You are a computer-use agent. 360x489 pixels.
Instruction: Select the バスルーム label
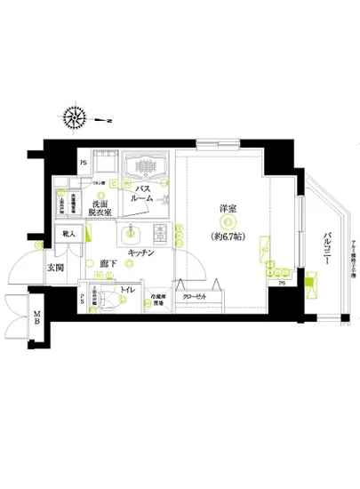click(x=144, y=196)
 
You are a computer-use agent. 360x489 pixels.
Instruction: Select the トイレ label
click(x=127, y=288)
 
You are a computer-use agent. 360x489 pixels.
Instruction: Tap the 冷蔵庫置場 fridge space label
click(x=156, y=301)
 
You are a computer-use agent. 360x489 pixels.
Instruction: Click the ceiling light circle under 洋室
click(x=229, y=221)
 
